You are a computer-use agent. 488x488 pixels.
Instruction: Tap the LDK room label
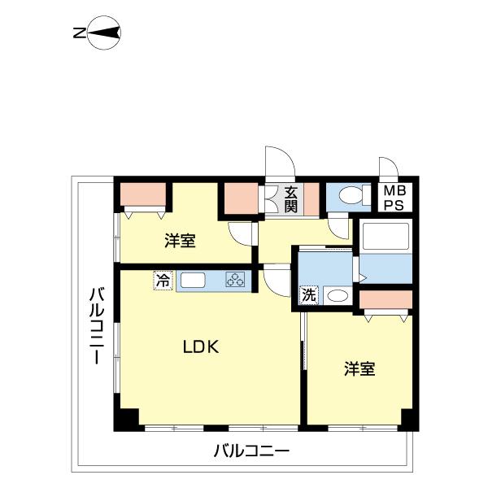tap(199, 347)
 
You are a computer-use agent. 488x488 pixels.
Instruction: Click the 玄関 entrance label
tap(290, 199)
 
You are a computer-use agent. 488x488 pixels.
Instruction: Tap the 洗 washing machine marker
tap(310, 294)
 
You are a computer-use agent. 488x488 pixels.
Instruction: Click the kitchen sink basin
tap(194, 281)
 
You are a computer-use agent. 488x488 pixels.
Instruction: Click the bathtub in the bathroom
tap(386, 237)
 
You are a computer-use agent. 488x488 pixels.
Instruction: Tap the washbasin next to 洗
tap(337, 295)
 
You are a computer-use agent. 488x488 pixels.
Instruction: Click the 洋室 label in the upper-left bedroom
tap(179, 241)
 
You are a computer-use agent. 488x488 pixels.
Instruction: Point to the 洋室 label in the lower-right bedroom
tap(359, 369)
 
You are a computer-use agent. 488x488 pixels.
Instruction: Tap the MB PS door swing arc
tap(389, 168)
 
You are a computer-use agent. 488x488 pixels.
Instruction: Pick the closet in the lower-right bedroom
tap(386, 299)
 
